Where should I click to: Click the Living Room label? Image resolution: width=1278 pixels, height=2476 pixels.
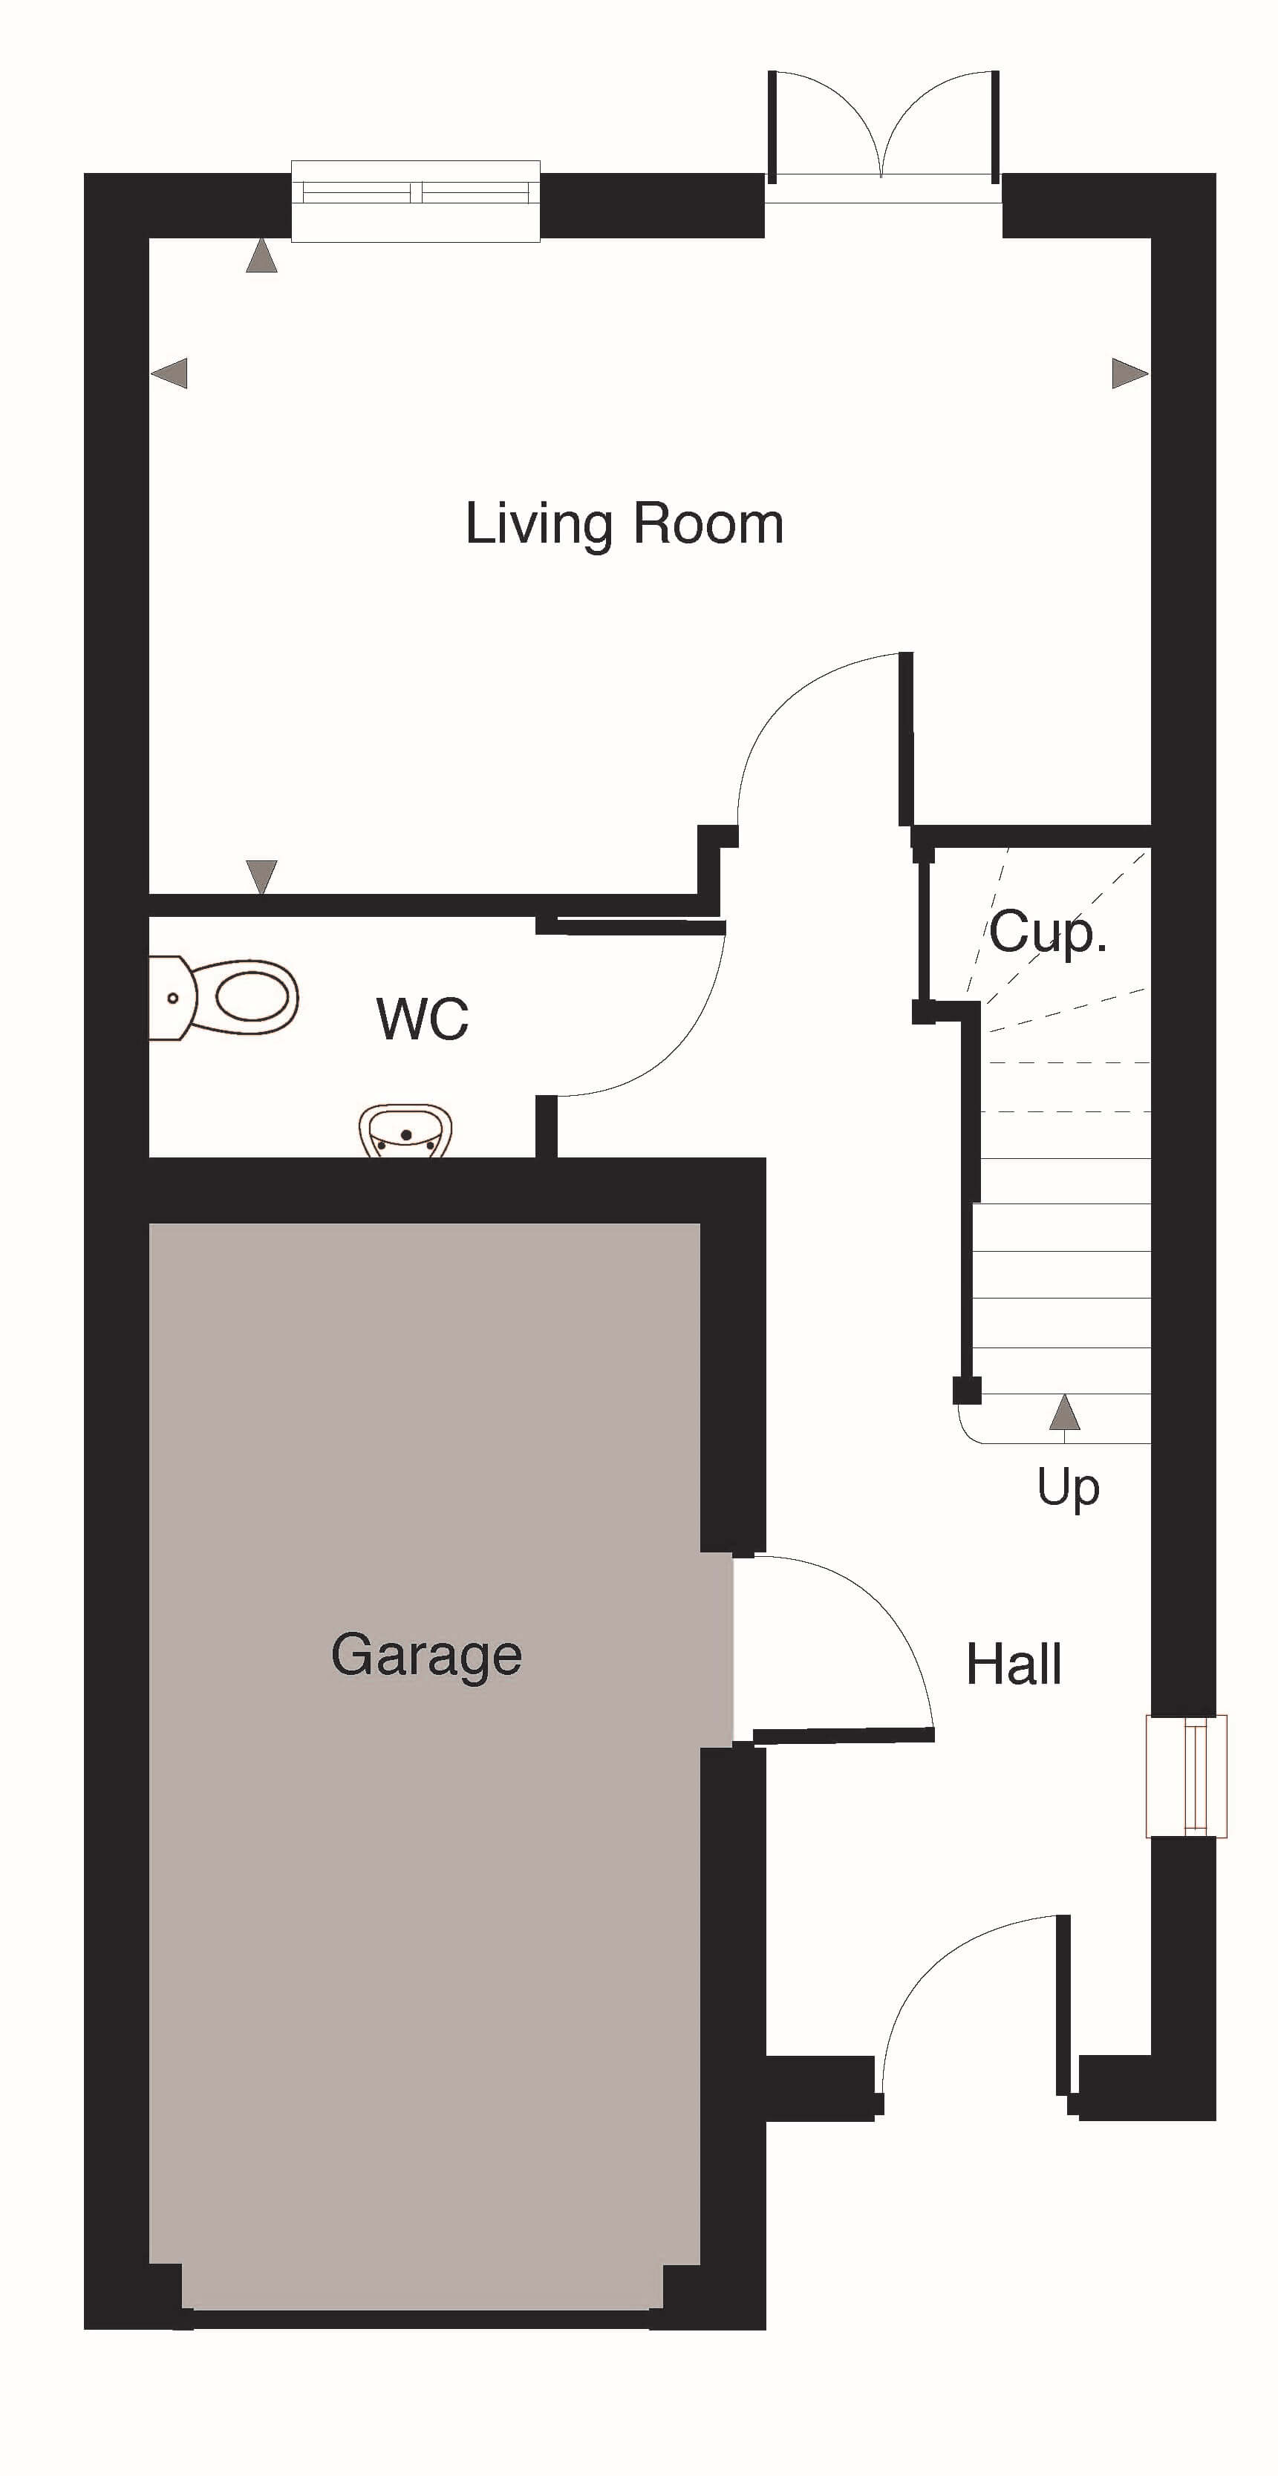point(624,525)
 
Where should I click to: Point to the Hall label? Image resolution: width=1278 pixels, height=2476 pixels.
point(1014,1664)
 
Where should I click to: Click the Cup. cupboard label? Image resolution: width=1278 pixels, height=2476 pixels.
point(1049,932)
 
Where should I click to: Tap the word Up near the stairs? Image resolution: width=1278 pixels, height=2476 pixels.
point(1067,1488)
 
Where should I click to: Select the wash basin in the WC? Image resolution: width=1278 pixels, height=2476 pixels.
point(405,1132)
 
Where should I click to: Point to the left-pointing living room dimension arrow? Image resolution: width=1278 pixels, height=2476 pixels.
point(169,373)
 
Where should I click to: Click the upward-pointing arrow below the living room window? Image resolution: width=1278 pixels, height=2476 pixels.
point(261,257)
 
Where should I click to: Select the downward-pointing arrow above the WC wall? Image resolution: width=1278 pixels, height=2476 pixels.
point(261,877)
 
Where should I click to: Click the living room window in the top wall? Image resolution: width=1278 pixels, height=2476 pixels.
point(415,201)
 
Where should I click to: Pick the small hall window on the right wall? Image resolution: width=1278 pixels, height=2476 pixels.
point(1187,1776)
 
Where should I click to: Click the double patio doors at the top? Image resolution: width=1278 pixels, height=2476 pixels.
point(883,134)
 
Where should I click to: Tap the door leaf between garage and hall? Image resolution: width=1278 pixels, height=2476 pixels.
point(844,1735)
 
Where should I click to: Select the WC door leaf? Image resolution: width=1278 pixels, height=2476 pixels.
point(630,927)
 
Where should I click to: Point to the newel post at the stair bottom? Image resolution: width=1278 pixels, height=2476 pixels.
point(966,1391)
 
